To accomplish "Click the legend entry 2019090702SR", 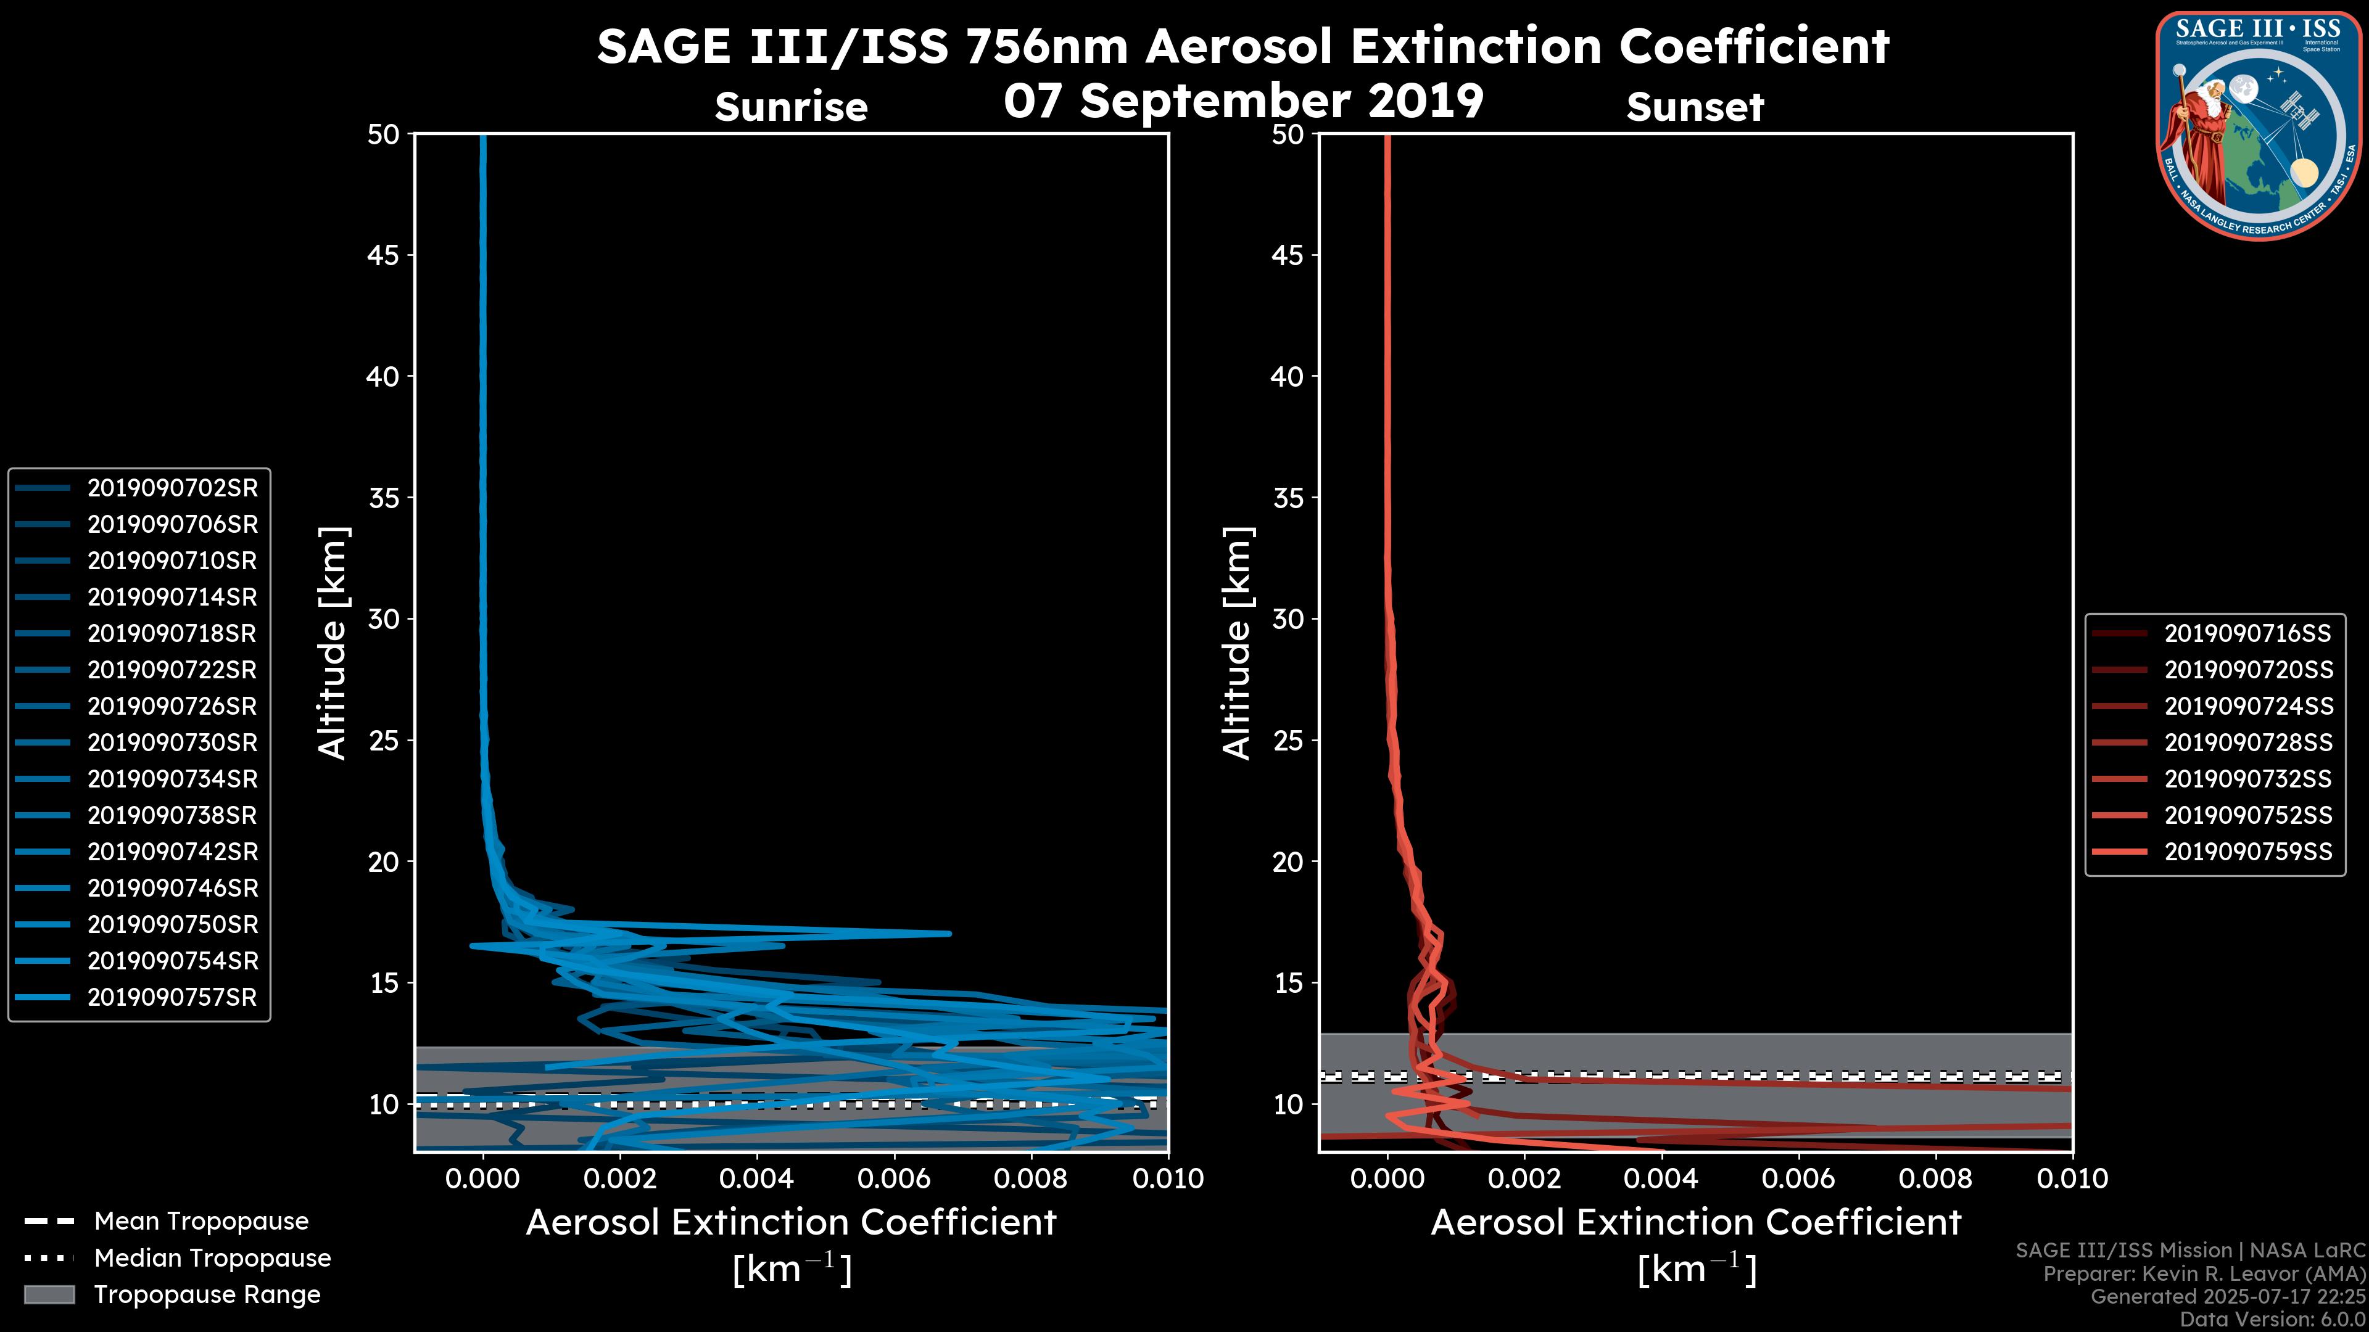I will click(172, 488).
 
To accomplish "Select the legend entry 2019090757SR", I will click(172, 997).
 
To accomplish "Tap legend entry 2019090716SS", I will click(2247, 633).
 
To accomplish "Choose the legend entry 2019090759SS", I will click(2247, 852).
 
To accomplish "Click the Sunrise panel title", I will click(791, 107).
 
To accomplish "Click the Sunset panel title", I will click(1695, 107).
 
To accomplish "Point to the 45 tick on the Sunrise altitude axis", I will click(384, 255).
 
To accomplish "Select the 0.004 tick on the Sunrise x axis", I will click(756, 1178).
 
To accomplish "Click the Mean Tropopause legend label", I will click(201, 1222).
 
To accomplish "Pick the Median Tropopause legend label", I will click(212, 1259).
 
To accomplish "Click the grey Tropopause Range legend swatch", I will click(49, 1294).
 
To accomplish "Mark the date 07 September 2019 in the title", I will click(1243, 101).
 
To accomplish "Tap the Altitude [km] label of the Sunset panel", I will click(1237, 643).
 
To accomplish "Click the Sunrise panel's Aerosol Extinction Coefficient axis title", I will click(791, 1223).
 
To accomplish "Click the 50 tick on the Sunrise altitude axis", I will click(384, 135).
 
